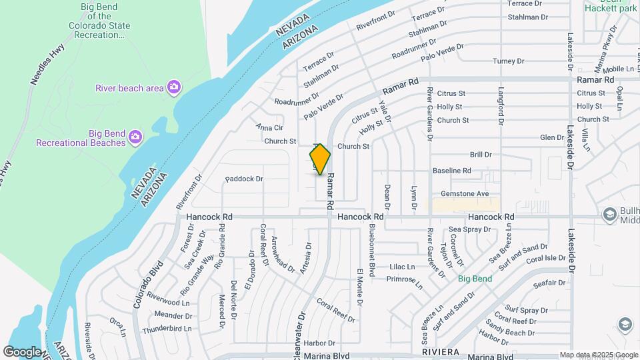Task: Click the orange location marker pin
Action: coord(320,159)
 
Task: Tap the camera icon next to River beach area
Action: coord(173,87)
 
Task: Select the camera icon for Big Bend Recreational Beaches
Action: coord(135,137)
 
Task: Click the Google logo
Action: coord(22,351)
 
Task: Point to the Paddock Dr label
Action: coord(245,179)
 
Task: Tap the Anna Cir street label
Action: coord(270,127)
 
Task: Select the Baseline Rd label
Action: coord(452,171)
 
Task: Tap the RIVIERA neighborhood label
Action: coord(441,351)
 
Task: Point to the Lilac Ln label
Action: coord(402,267)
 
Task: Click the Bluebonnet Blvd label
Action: coord(372,247)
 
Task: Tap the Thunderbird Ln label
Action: coord(167,328)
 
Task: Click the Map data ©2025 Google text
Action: coord(598,355)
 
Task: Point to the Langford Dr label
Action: coord(500,107)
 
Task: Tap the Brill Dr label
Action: coord(481,154)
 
